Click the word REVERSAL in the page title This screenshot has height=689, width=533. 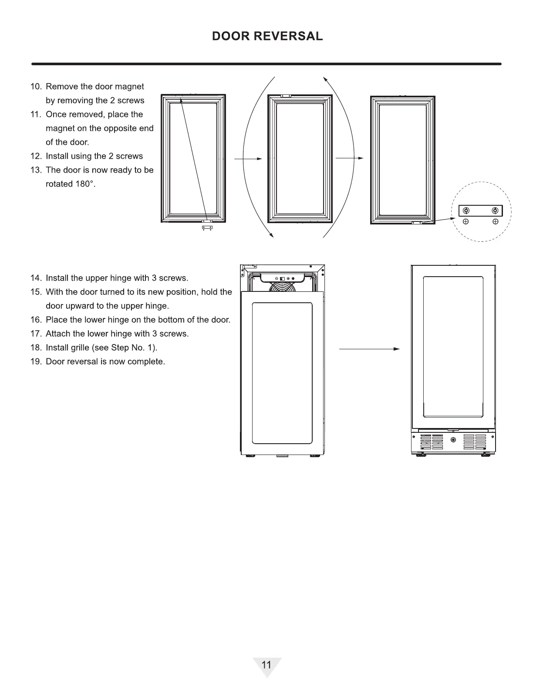coord(288,36)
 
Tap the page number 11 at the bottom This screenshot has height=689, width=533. coord(266,665)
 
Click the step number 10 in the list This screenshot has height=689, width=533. coord(36,87)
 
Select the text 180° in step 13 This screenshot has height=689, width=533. coord(84,184)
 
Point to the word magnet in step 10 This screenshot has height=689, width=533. coord(129,87)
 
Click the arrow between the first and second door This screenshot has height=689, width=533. coord(248,159)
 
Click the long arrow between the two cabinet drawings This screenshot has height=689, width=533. coord(369,349)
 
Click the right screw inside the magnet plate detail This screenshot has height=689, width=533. coord(495,211)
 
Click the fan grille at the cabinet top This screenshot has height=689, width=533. coord(282,287)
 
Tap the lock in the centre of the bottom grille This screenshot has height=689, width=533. coord(453,440)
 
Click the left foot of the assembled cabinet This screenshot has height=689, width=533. coord(421,455)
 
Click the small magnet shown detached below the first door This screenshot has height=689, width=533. coord(207,227)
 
